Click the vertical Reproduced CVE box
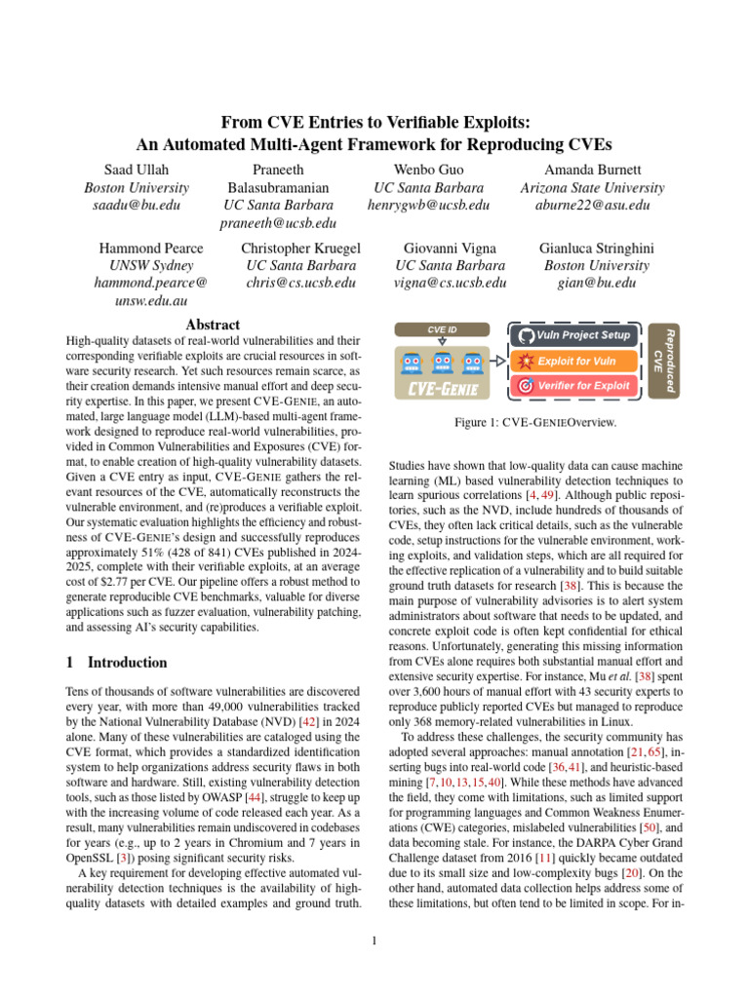(667, 361)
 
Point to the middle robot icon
(443, 363)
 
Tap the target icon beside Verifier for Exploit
(524, 386)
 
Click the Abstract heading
(213, 325)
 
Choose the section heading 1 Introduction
(116, 663)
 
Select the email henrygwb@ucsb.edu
(428, 206)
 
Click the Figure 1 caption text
(533, 424)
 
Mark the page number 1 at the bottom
(374, 940)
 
